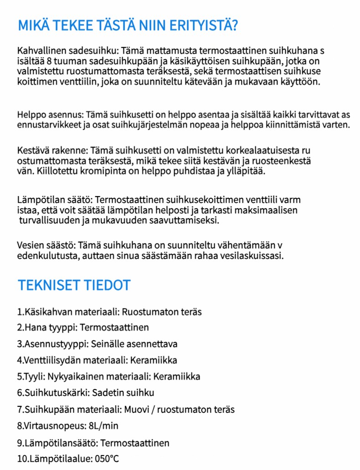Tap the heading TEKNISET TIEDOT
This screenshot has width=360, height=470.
74,285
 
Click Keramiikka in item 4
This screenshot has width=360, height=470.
154,360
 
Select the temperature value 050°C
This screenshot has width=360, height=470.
107,459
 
